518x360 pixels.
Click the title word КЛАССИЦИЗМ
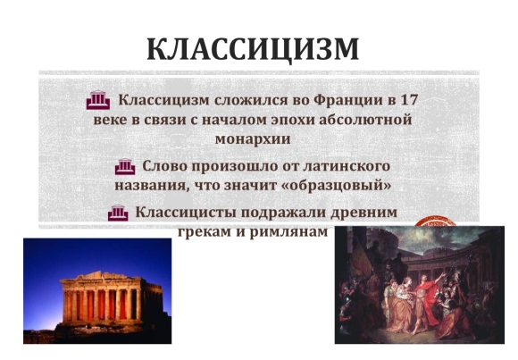253,50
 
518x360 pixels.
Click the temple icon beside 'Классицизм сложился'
98,100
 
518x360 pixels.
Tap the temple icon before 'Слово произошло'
125,166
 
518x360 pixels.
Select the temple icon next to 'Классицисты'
118,213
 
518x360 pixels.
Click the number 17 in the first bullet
409,99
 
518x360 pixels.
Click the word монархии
253,139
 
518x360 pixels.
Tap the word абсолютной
365,120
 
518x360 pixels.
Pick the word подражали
283,213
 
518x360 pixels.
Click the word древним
364,213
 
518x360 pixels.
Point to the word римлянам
288,232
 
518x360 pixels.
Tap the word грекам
205,232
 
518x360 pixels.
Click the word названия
152,186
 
